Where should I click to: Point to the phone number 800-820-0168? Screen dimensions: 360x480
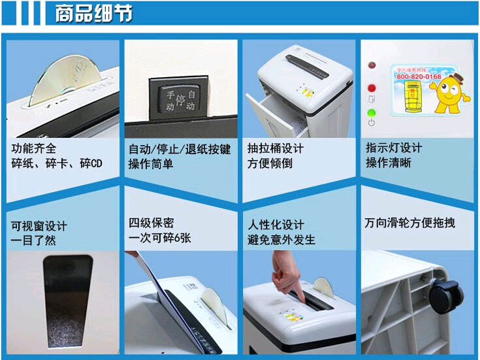pyautogui.click(x=419, y=77)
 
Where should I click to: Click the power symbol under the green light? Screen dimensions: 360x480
pyautogui.click(x=372, y=123)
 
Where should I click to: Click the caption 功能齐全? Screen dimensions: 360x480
pyautogui.click(x=34, y=148)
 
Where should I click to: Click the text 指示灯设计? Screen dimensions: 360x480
pyautogui.click(x=393, y=148)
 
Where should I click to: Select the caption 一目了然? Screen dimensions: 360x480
pyautogui.click(x=34, y=240)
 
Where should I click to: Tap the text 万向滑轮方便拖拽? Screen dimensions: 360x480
pyautogui.click(x=409, y=223)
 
